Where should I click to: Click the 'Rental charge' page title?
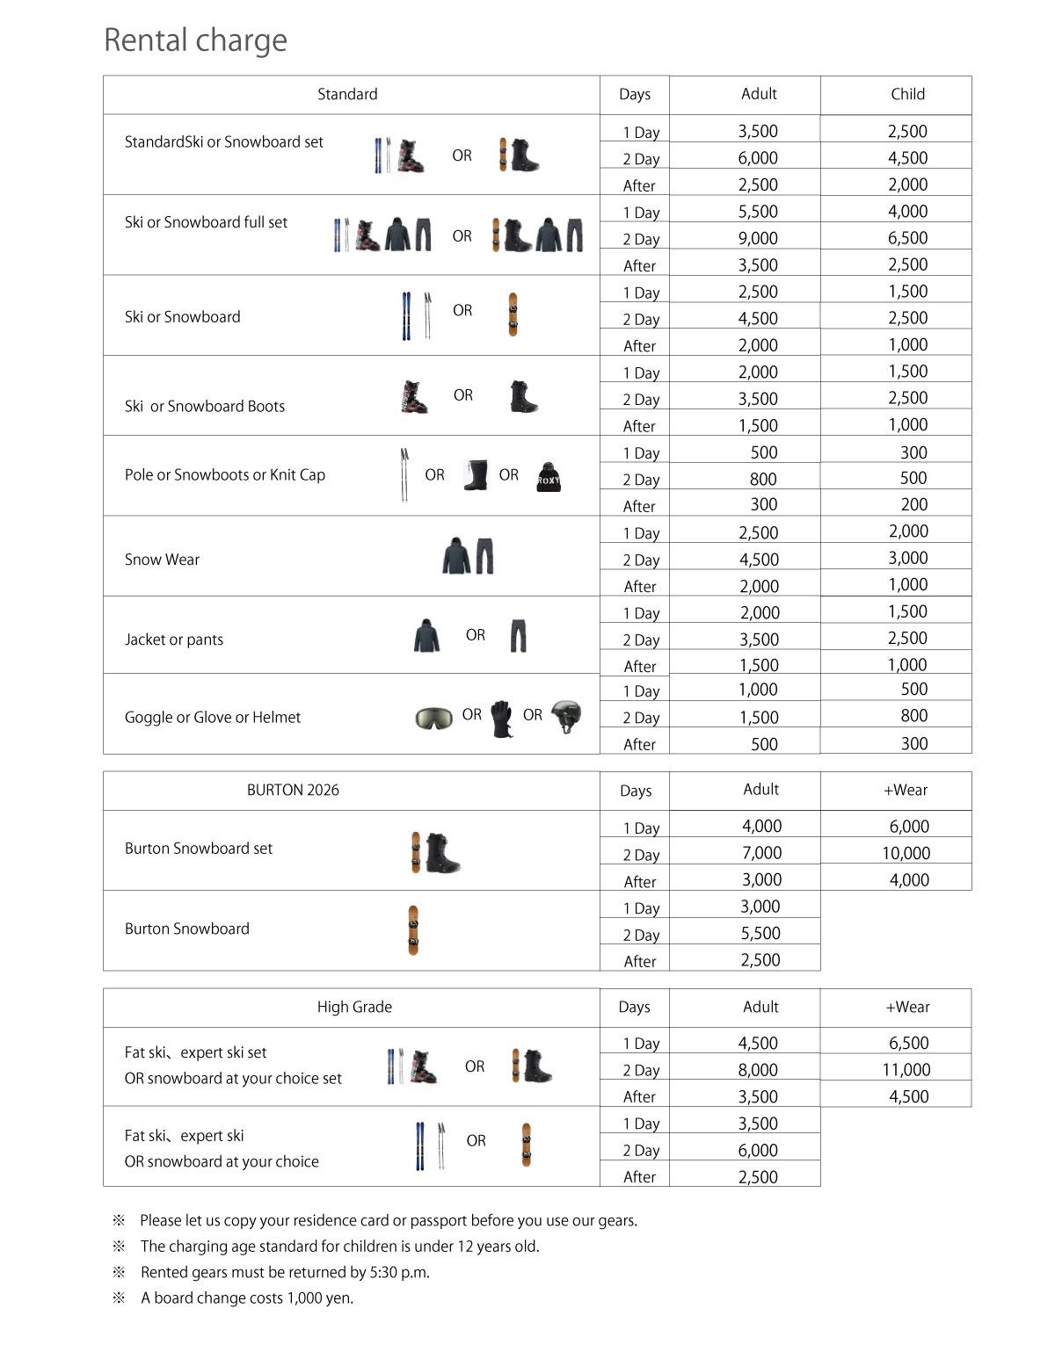tap(195, 40)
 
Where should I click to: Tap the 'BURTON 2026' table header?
tap(293, 790)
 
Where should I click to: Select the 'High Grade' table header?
tap(354, 1007)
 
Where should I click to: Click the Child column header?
tap(907, 94)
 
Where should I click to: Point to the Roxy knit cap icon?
tap(549, 477)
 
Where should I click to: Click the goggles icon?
tap(433, 718)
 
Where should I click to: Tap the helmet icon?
tap(566, 716)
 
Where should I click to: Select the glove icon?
tap(502, 718)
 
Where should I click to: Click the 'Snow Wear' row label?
tap(162, 560)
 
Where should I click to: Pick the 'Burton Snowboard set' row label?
tap(199, 849)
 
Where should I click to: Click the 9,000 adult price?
tap(758, 238)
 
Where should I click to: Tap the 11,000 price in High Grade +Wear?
tap(906, 1070)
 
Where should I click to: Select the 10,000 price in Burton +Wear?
tap(906, 853)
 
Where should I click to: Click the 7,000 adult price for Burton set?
tap(761, 853)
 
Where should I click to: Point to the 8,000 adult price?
tap(758, 1070)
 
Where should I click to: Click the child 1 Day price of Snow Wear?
tap(908, 531)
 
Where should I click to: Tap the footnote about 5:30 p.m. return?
tap(285, 1272)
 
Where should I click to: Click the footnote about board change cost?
tap(247, 1298)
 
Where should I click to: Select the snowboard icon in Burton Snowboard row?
tap(413, 930)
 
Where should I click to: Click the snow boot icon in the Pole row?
tap(476, 476)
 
